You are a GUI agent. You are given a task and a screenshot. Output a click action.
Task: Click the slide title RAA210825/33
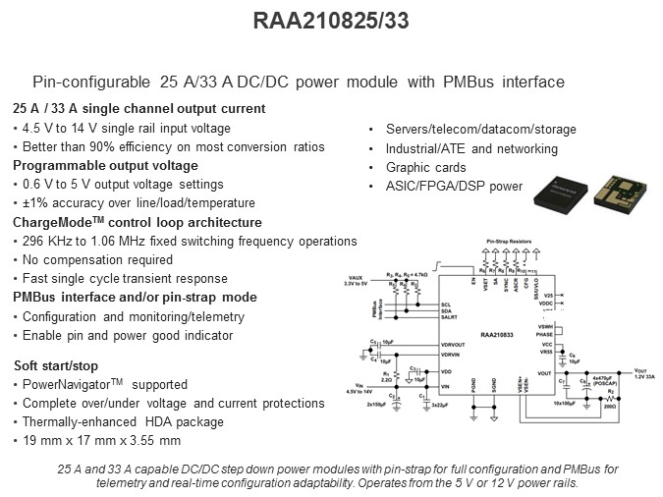tap(331, 21)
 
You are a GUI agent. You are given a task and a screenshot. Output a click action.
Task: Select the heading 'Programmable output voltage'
tap(105, 166)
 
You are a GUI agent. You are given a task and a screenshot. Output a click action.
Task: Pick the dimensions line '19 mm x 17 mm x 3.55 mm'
tap(100, 440)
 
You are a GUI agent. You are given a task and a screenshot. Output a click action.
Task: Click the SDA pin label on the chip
tap(446, 311)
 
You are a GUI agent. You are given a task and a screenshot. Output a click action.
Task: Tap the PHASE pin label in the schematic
tap(542, 333)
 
